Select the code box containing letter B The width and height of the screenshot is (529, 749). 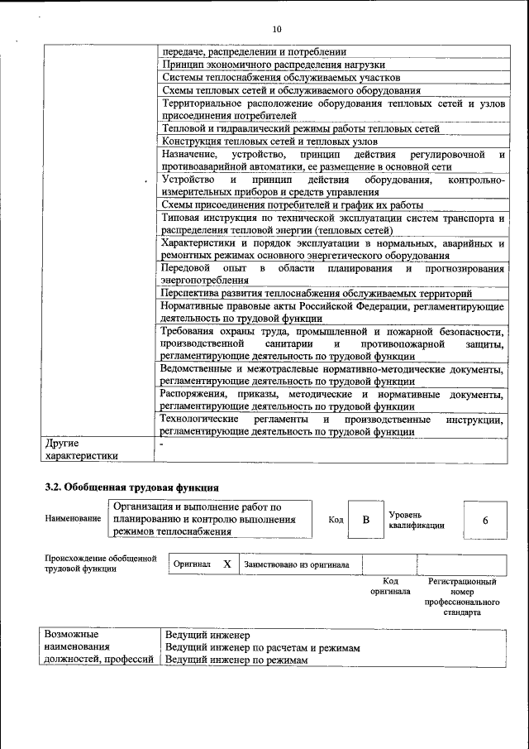365,520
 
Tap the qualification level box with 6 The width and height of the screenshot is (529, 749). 484,520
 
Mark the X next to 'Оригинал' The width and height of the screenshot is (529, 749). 226,564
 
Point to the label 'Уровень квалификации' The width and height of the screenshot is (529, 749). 417,520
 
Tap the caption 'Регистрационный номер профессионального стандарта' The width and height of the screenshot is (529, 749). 462,598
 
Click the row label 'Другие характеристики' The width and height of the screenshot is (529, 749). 82,449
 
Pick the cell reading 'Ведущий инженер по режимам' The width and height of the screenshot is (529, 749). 236,660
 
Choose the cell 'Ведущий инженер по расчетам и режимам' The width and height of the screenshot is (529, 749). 262,648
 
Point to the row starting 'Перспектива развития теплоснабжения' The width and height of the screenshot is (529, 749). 317,293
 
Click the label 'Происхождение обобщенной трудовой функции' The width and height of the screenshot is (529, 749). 101,564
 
